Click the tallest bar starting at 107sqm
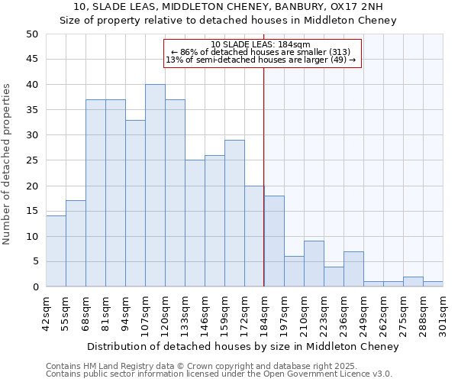point(155,186)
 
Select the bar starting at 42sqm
point(56,251)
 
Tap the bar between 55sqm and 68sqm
point(76,244)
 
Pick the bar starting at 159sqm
point(234,213)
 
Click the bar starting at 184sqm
point(274,241)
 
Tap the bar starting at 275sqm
point(413,282)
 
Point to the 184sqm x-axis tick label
point(264,312)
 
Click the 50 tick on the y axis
point(32,34)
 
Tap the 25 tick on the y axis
point(32,160)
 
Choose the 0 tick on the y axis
point(35,287)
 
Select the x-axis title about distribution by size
point(243,347)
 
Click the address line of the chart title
point(228,7)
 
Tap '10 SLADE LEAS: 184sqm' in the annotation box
point(261,44)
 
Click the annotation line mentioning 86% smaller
point(261,52)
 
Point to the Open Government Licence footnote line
point(219,374)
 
